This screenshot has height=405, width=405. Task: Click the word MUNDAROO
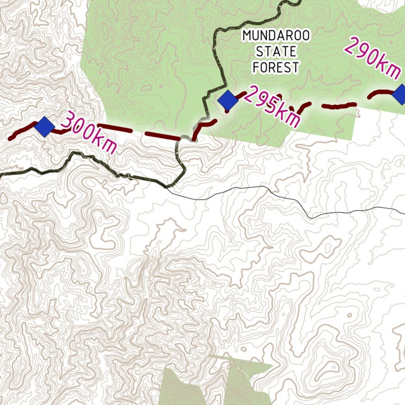pyautogui.click(x=276, y=36)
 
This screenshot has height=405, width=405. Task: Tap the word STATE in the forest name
pyautogui.click(x=276, y=51)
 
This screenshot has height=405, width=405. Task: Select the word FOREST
pyautogui.click(x=276, y=67)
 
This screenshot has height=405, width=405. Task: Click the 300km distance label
pyautogui.click(x=90, y=132)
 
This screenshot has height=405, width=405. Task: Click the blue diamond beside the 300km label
pyautogui.click(x=44, y=126)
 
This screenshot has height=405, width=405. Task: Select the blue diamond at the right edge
pyautogui.click(x=400, y=94)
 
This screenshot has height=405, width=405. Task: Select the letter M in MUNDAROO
pyautogui.click(x=247, y=36)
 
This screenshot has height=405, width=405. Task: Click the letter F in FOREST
pyautogui.click(x=256, y=67)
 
